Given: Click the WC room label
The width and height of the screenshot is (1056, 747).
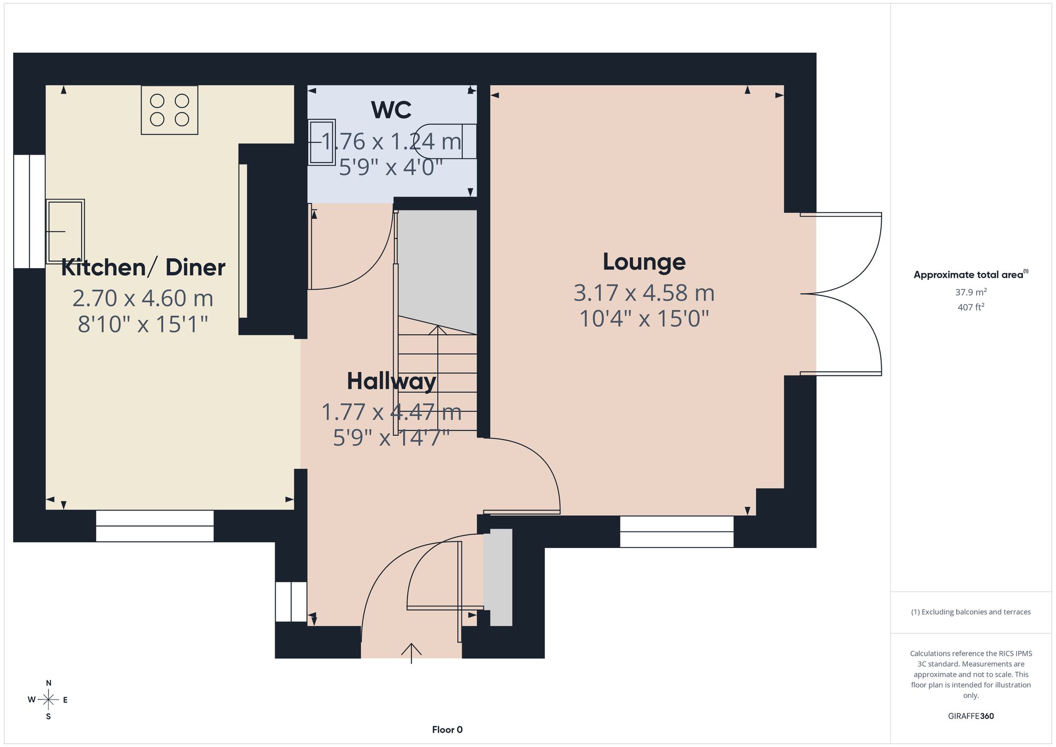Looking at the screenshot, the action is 391,110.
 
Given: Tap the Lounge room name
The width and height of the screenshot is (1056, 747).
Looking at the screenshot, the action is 644,262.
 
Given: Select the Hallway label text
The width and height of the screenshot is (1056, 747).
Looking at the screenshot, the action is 391,381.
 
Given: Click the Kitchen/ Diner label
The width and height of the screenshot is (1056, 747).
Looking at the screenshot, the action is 143,267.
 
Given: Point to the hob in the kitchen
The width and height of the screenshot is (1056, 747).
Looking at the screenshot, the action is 169,110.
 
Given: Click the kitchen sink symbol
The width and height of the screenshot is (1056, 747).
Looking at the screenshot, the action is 65,231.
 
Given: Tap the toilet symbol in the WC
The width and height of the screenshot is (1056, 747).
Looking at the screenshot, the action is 446,141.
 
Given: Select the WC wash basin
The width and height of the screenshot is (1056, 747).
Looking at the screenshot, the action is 322,142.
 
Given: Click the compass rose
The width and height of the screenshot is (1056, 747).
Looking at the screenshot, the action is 48,700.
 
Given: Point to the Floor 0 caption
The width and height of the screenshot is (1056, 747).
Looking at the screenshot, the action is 447,730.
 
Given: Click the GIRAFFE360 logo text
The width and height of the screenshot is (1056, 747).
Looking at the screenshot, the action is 970,716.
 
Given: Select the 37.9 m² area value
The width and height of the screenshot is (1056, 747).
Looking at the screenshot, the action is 970,292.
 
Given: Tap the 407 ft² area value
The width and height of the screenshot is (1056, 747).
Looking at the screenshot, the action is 970,307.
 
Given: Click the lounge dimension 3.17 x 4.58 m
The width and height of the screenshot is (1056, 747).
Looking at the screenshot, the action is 644,293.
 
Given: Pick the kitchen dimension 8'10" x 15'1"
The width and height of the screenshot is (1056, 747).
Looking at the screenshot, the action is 143,324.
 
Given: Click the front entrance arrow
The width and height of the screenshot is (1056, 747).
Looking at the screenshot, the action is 411,653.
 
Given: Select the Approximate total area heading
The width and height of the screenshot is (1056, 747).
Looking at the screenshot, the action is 970,275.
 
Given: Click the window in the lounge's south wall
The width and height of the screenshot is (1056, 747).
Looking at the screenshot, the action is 676,532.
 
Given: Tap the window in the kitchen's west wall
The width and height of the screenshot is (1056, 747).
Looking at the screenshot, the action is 30,211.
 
